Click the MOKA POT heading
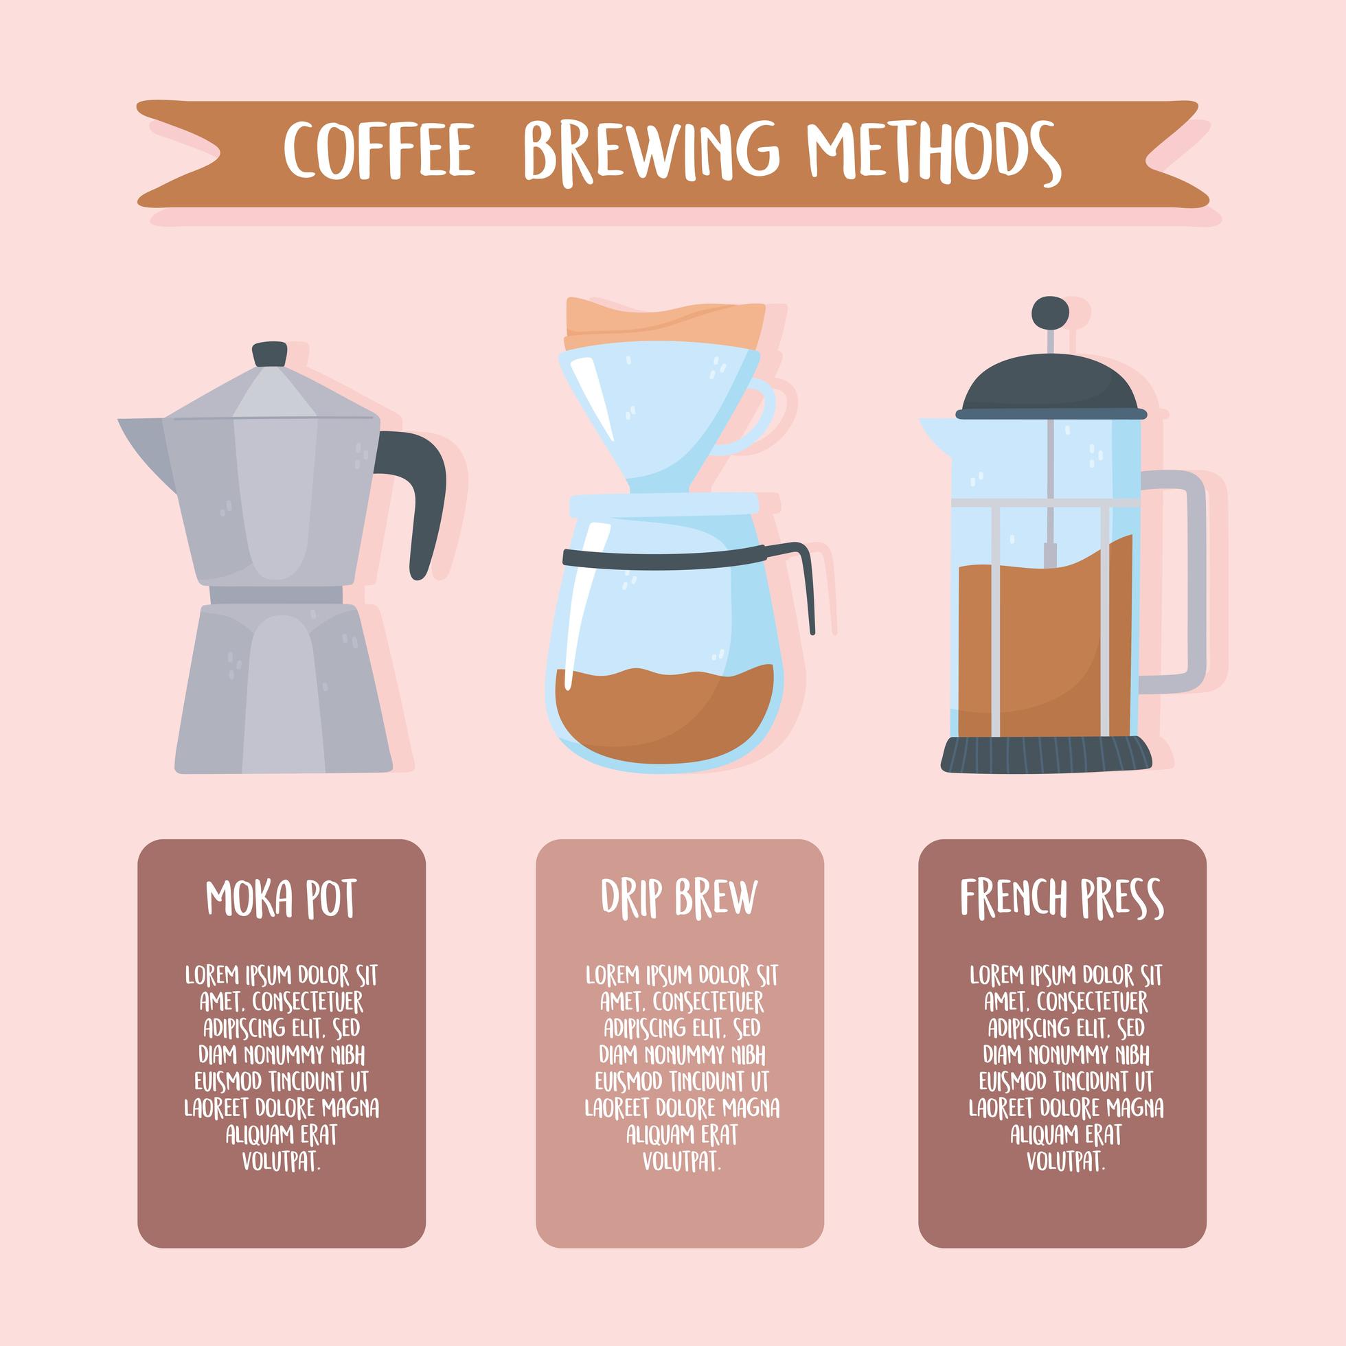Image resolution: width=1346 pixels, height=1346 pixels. click(x=281, y=900)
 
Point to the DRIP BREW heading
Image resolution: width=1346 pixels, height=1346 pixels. click(x=678, y=898)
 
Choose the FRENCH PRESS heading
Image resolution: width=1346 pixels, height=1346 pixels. click(x=1062, y=900)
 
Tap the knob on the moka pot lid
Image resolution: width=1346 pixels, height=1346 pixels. click(x=271, y=354)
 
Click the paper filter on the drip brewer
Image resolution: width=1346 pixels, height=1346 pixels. click(x=665, y=321)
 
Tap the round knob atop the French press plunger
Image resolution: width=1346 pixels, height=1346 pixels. click(x=1050, y=310)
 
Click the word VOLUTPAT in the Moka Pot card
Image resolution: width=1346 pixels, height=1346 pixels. click(x=281, y=1161)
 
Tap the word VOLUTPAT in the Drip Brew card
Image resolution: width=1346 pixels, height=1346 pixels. click(x=681, y=1161)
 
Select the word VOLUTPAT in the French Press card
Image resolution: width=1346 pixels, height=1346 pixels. click(x=1065, y=1161)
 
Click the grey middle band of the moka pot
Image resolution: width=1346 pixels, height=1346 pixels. click(x=276, y=593)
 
